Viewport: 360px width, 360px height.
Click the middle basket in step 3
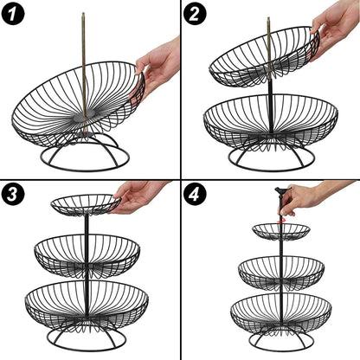click(x=87, y=254)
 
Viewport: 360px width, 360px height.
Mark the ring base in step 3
click(x=87, y=339)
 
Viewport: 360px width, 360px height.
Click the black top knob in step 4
click(x=281, y=190)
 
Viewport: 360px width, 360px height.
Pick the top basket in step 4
click(x=281, y=231)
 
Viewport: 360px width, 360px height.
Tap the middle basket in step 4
click(x=281, y=270)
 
